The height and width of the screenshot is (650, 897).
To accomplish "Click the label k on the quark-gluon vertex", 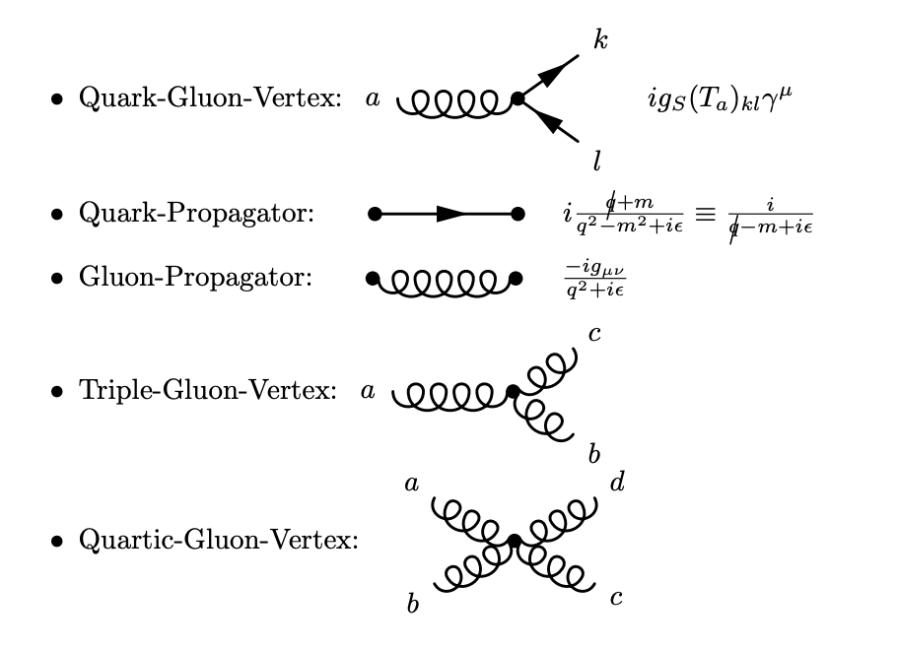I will click(600, 40).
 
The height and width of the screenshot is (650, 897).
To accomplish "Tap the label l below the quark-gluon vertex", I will click(596, 160).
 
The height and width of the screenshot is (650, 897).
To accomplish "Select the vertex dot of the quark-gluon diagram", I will click(517, 98).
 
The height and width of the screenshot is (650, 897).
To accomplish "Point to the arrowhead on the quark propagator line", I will click(451, 214).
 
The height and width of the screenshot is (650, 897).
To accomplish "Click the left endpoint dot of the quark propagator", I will click(374, 214).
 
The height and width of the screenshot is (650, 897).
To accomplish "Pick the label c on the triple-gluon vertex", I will click(594, 334).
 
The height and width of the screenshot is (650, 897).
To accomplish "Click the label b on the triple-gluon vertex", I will click(593, 453).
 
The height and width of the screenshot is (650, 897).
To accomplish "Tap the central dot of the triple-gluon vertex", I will click(512, 392).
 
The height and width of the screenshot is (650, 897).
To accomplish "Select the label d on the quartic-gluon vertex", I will click(617, 482).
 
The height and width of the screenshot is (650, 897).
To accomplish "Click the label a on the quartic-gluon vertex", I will click(411, 483).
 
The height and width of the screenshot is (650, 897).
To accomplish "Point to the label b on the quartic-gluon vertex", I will click(413, 603).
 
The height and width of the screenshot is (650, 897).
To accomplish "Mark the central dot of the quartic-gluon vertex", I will click(514, 541).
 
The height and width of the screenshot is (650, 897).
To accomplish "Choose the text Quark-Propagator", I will click(197, 214).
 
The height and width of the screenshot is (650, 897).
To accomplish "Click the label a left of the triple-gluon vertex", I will click(368, 392).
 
